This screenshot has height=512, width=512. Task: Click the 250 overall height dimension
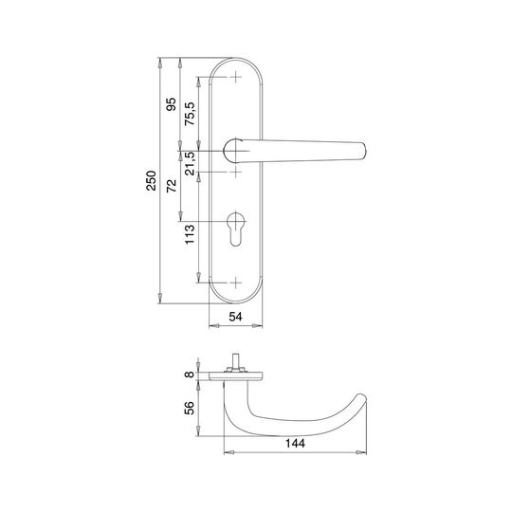coord(151,180)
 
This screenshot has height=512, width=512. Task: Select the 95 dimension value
coord(171,104)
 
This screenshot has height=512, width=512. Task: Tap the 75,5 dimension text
coord(190,114)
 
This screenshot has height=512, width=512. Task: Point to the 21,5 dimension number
coord(190,163)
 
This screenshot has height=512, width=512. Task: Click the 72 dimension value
coord(171,186)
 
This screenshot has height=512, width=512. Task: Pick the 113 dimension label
coord(190,234)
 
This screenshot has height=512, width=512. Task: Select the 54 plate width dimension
coord(235,317)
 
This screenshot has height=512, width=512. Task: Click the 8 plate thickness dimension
coord(190,375)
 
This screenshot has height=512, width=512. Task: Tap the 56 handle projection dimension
coord(190,408)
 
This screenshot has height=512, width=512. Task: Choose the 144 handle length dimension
coord(295,443)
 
